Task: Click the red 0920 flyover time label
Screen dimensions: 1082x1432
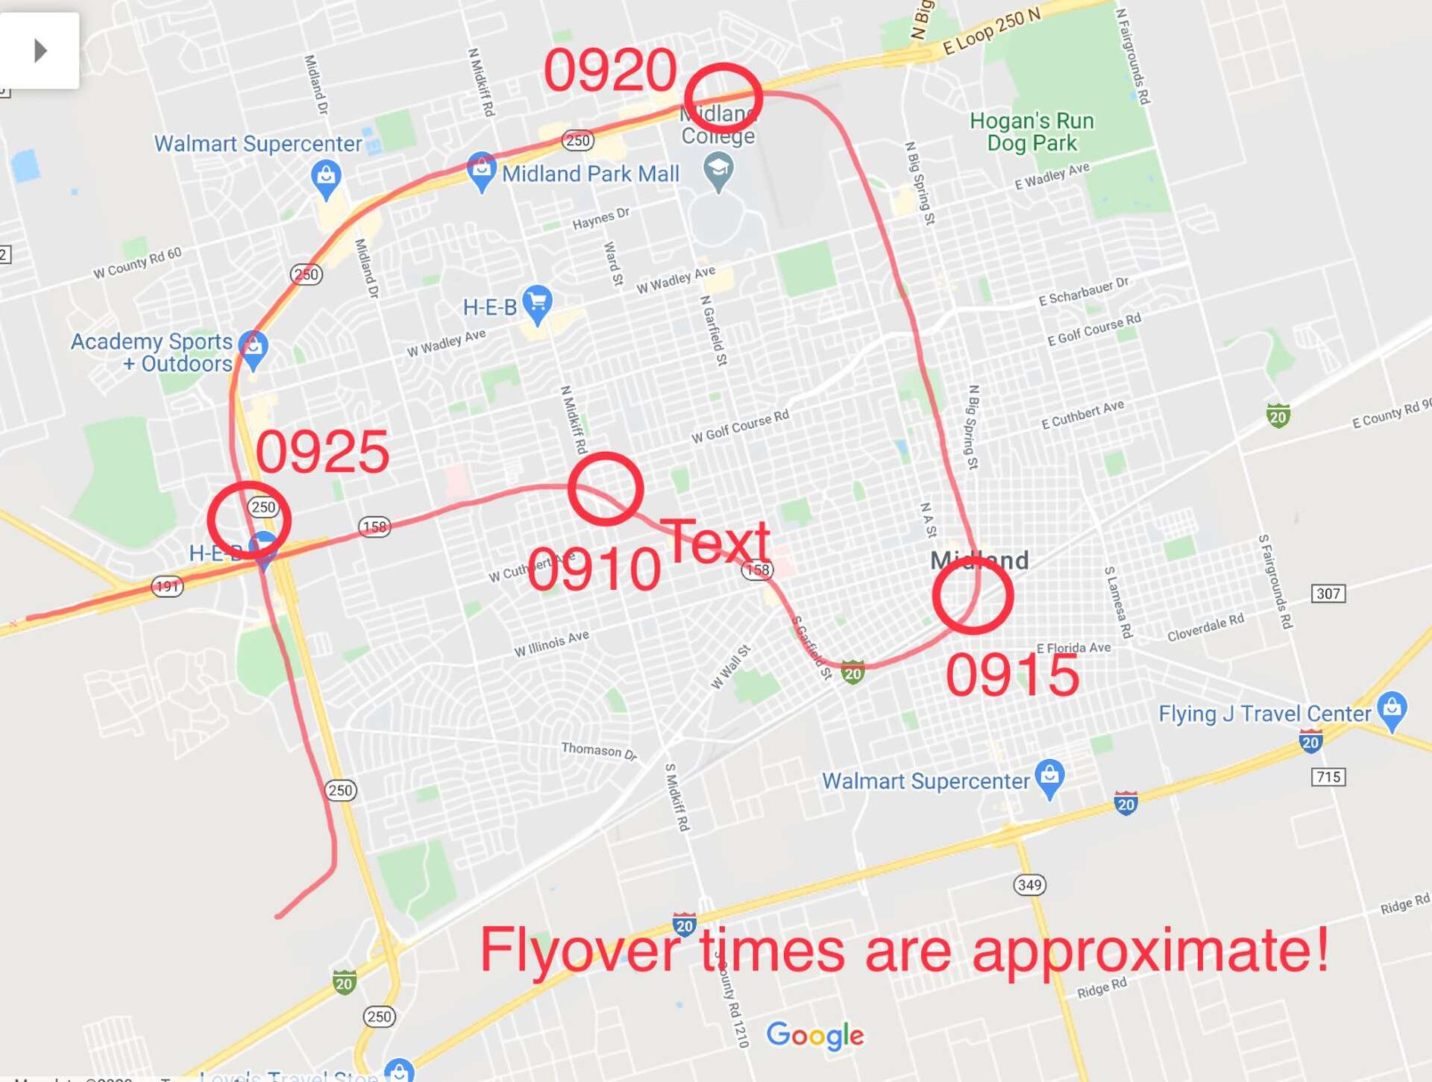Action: click(x=610, y=71)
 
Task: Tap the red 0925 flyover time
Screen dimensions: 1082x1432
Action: click(x=322, y=452)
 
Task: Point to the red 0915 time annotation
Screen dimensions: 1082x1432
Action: click(x=1012, y=676)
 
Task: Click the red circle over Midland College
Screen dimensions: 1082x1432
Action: click(x=723, y=98)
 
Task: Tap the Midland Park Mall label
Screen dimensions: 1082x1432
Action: click(x=590, y=174)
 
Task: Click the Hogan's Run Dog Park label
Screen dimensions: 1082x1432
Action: click(x=1031, y=132)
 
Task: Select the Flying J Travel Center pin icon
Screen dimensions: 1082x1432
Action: click(x=1392, y=710)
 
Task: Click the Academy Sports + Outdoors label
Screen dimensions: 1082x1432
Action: click(x=152, y=352)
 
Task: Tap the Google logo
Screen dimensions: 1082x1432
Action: click(x=814, y=1035)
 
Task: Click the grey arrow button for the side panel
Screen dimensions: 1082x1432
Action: click(x=40, y=51)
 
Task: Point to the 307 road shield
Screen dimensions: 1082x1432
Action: click(x=1328, y=594)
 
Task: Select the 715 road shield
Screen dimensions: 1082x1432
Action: click(x=1328, y=777)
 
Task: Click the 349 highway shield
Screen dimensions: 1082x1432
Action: click(x=1029, y=885)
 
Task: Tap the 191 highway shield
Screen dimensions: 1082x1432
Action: click(x=167, y=586)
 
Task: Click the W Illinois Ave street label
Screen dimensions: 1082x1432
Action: click(x=551, y=644)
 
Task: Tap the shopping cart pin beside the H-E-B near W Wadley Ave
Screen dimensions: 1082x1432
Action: click(x=537, y=303)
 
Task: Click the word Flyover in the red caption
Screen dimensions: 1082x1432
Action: click(x=580, y=951)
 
